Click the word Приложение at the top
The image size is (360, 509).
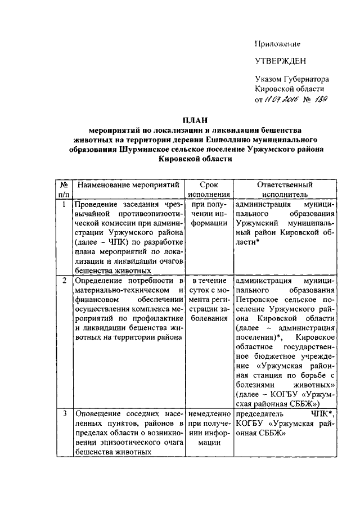tap(277, 44)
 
